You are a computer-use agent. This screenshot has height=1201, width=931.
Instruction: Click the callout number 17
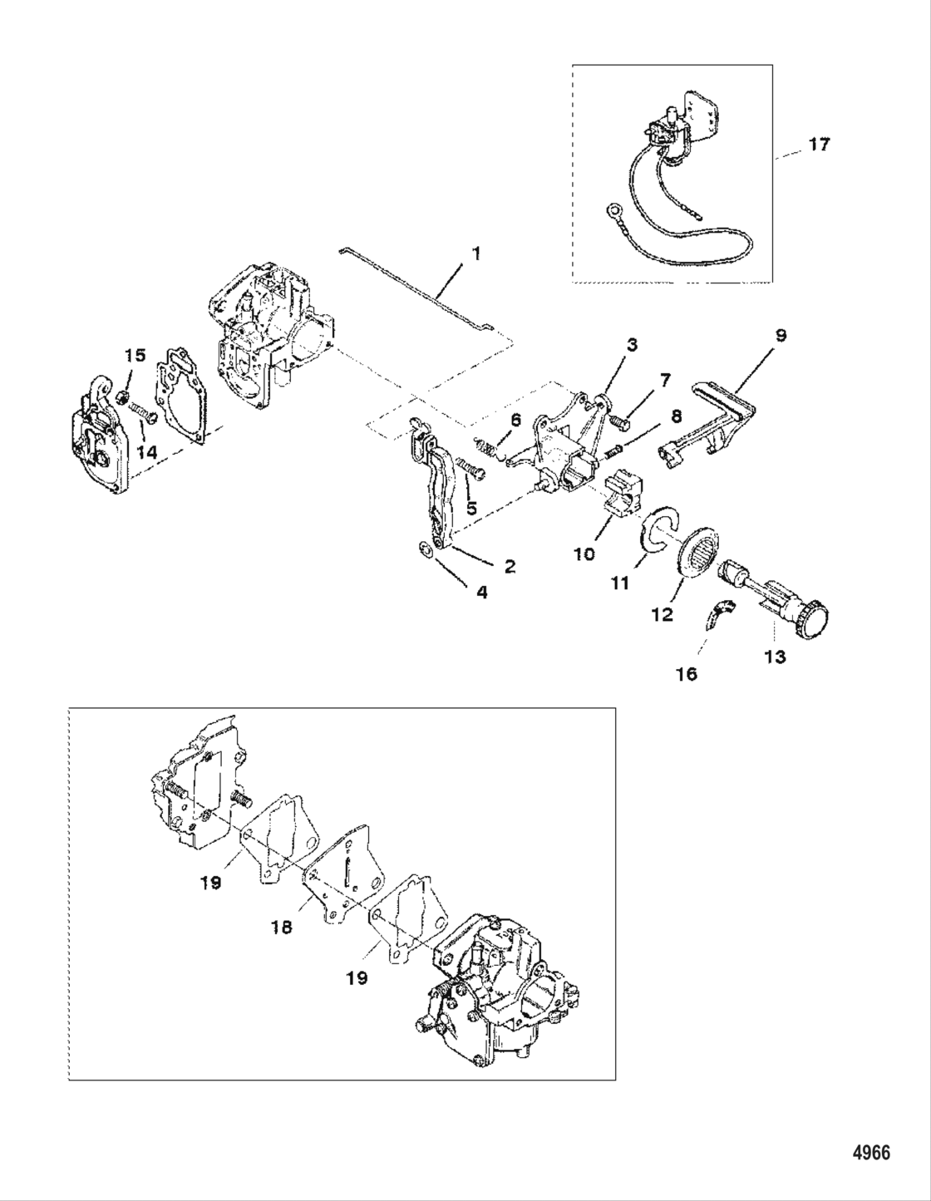(x=818, y=145)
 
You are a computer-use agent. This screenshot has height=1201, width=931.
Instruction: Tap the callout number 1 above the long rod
(x=475, y=253)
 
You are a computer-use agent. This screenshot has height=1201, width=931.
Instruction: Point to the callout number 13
(x=775, y=657)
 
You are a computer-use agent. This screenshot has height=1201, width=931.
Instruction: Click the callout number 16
(x=686, y=674)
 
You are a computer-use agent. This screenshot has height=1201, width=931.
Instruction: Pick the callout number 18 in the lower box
(x=281, y=926)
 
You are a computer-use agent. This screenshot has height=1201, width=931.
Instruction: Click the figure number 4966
(x=871, y=1153)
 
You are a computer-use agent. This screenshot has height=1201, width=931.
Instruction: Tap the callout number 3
(x=632, y=345)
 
